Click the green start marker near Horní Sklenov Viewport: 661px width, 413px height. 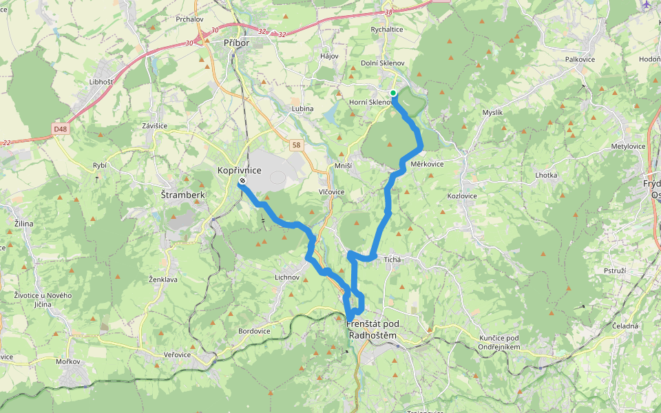[392, 93]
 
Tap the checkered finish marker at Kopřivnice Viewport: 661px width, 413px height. [242, 181]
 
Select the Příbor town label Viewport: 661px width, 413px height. [235, 43]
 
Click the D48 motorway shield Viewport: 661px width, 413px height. [61, 128]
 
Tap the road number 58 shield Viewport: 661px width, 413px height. [296, 145]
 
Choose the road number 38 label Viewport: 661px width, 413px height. [390, 12]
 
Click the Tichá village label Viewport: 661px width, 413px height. [392, 260]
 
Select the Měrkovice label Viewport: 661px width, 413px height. [427, 165]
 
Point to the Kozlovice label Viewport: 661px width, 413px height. [462, 196]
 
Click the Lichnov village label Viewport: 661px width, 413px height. [288, 277]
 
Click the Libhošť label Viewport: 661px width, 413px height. [101, 82]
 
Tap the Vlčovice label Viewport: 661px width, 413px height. [331, 192]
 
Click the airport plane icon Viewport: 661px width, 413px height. [646, 4]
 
